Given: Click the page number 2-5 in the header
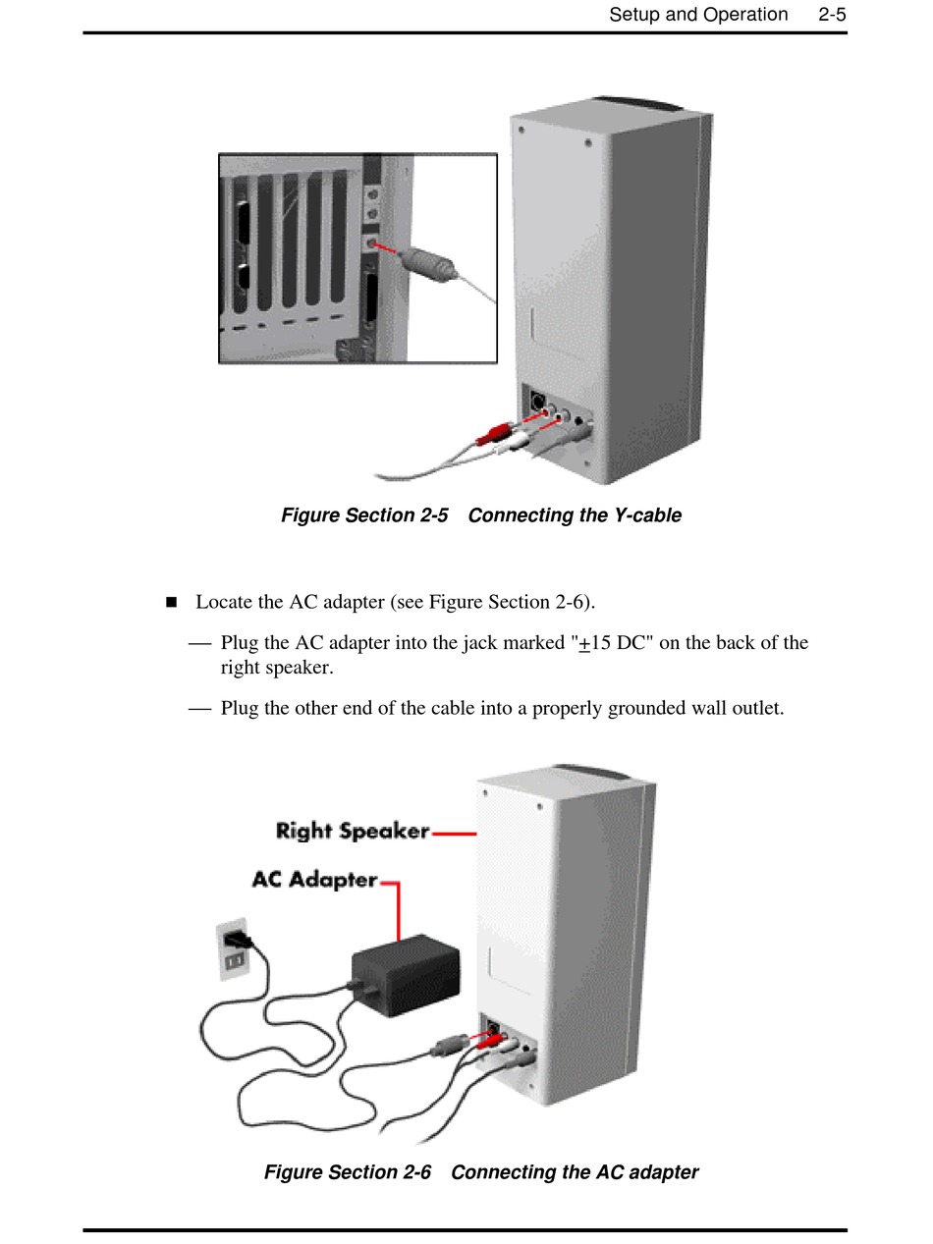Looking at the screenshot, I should point(832,15).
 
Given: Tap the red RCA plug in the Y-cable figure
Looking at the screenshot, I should point(494,432).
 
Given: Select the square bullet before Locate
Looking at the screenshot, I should point(172,602).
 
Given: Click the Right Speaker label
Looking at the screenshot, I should point(353,832).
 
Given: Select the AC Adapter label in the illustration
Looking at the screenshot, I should point(314,880).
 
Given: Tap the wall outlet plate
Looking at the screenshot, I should point(232,949).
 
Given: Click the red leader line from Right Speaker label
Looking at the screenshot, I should point(454,834).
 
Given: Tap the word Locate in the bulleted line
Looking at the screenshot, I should point(226,602).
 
